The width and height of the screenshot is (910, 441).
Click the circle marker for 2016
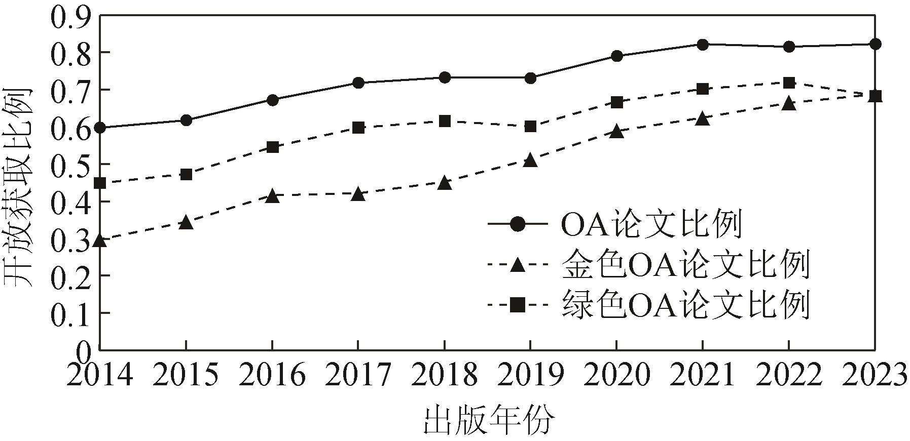tap(272, 100)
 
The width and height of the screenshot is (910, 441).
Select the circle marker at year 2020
tap(616, 56)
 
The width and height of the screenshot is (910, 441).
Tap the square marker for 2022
tap(788, 83)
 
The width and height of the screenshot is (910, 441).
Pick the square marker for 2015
tap(186, 175)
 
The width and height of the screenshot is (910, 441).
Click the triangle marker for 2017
tap(358, 194)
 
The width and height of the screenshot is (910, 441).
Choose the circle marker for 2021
tap(703, 45)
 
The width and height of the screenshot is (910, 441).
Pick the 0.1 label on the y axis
tap(71, 313)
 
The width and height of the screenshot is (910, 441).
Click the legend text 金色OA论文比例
tap(684, 265)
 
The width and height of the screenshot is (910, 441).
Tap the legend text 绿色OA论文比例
tap(684, 305)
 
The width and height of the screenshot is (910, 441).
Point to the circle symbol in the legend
tap(518, 224)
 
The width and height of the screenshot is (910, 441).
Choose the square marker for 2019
tap(530, 126)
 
